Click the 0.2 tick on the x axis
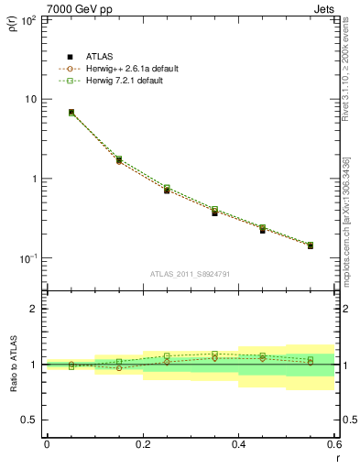pos(142,444)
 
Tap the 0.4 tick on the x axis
pos(238,444)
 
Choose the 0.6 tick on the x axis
pos(333,444)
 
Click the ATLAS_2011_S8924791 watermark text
pos(190,273)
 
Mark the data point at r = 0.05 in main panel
pos(71,113)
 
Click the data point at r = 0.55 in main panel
pos(311,245)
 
